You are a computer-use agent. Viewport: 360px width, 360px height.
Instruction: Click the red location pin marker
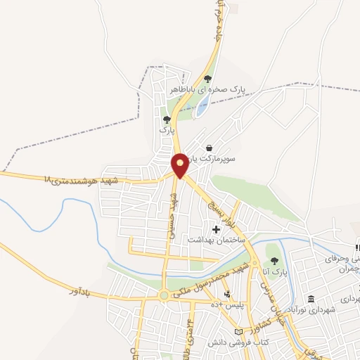[180, 165]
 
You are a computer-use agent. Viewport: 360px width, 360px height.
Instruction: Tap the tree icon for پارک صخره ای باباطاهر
[207, 79]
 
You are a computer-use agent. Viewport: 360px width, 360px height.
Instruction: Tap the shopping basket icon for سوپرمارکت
[210, 148]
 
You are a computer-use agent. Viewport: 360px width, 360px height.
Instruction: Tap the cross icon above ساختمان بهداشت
[216, 229]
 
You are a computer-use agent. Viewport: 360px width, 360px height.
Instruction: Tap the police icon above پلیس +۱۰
[226, 293]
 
